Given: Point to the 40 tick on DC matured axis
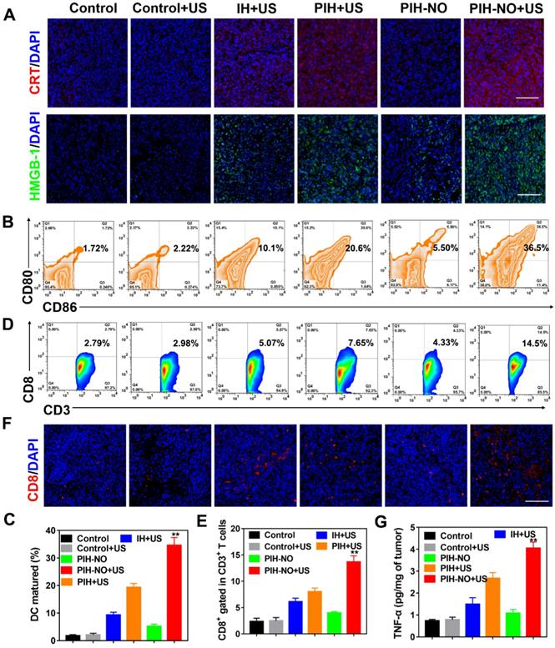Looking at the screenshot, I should pyautogui.click(x=36, y=530).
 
